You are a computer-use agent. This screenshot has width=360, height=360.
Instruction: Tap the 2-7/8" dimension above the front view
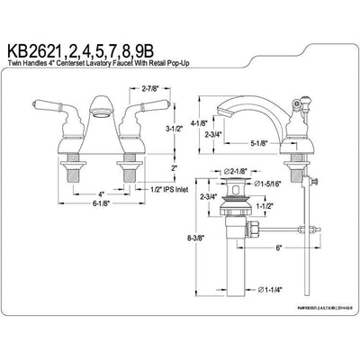click(x=128, y=89)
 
